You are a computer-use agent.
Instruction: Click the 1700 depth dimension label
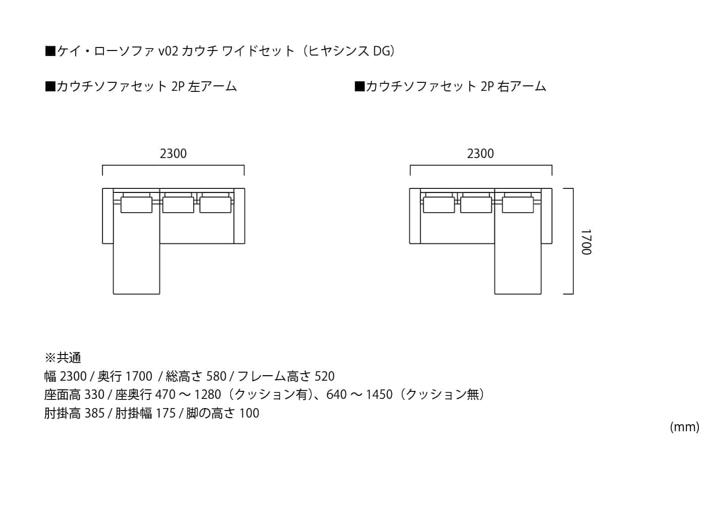[x=586, y=242]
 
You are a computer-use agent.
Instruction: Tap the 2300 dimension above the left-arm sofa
[x=173, y=154]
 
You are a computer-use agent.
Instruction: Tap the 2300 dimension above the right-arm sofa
[x=480, y=154]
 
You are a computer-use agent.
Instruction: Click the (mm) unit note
[x=685, y=427]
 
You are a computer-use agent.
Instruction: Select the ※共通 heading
[x=63, y=358]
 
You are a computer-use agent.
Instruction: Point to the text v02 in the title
[x=168, y=51]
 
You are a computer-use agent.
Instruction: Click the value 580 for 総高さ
[x=216, y=376]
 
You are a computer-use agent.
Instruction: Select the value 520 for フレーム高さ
[x=324, y=376]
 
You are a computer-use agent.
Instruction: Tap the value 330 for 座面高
[x=94, y=394]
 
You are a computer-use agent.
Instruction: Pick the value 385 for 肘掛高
[x=94, y=413]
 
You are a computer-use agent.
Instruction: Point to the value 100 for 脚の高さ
[x=249, y=413]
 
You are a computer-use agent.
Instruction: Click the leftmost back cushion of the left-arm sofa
[x=136, y=205]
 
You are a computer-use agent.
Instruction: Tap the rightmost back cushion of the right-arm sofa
[x=518, y=205]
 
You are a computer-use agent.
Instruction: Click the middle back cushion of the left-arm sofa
[x=178, y=205]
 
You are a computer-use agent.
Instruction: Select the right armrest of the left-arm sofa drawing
[x=239, y=216]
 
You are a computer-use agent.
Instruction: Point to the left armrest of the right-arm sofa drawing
[x=415, y=216]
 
